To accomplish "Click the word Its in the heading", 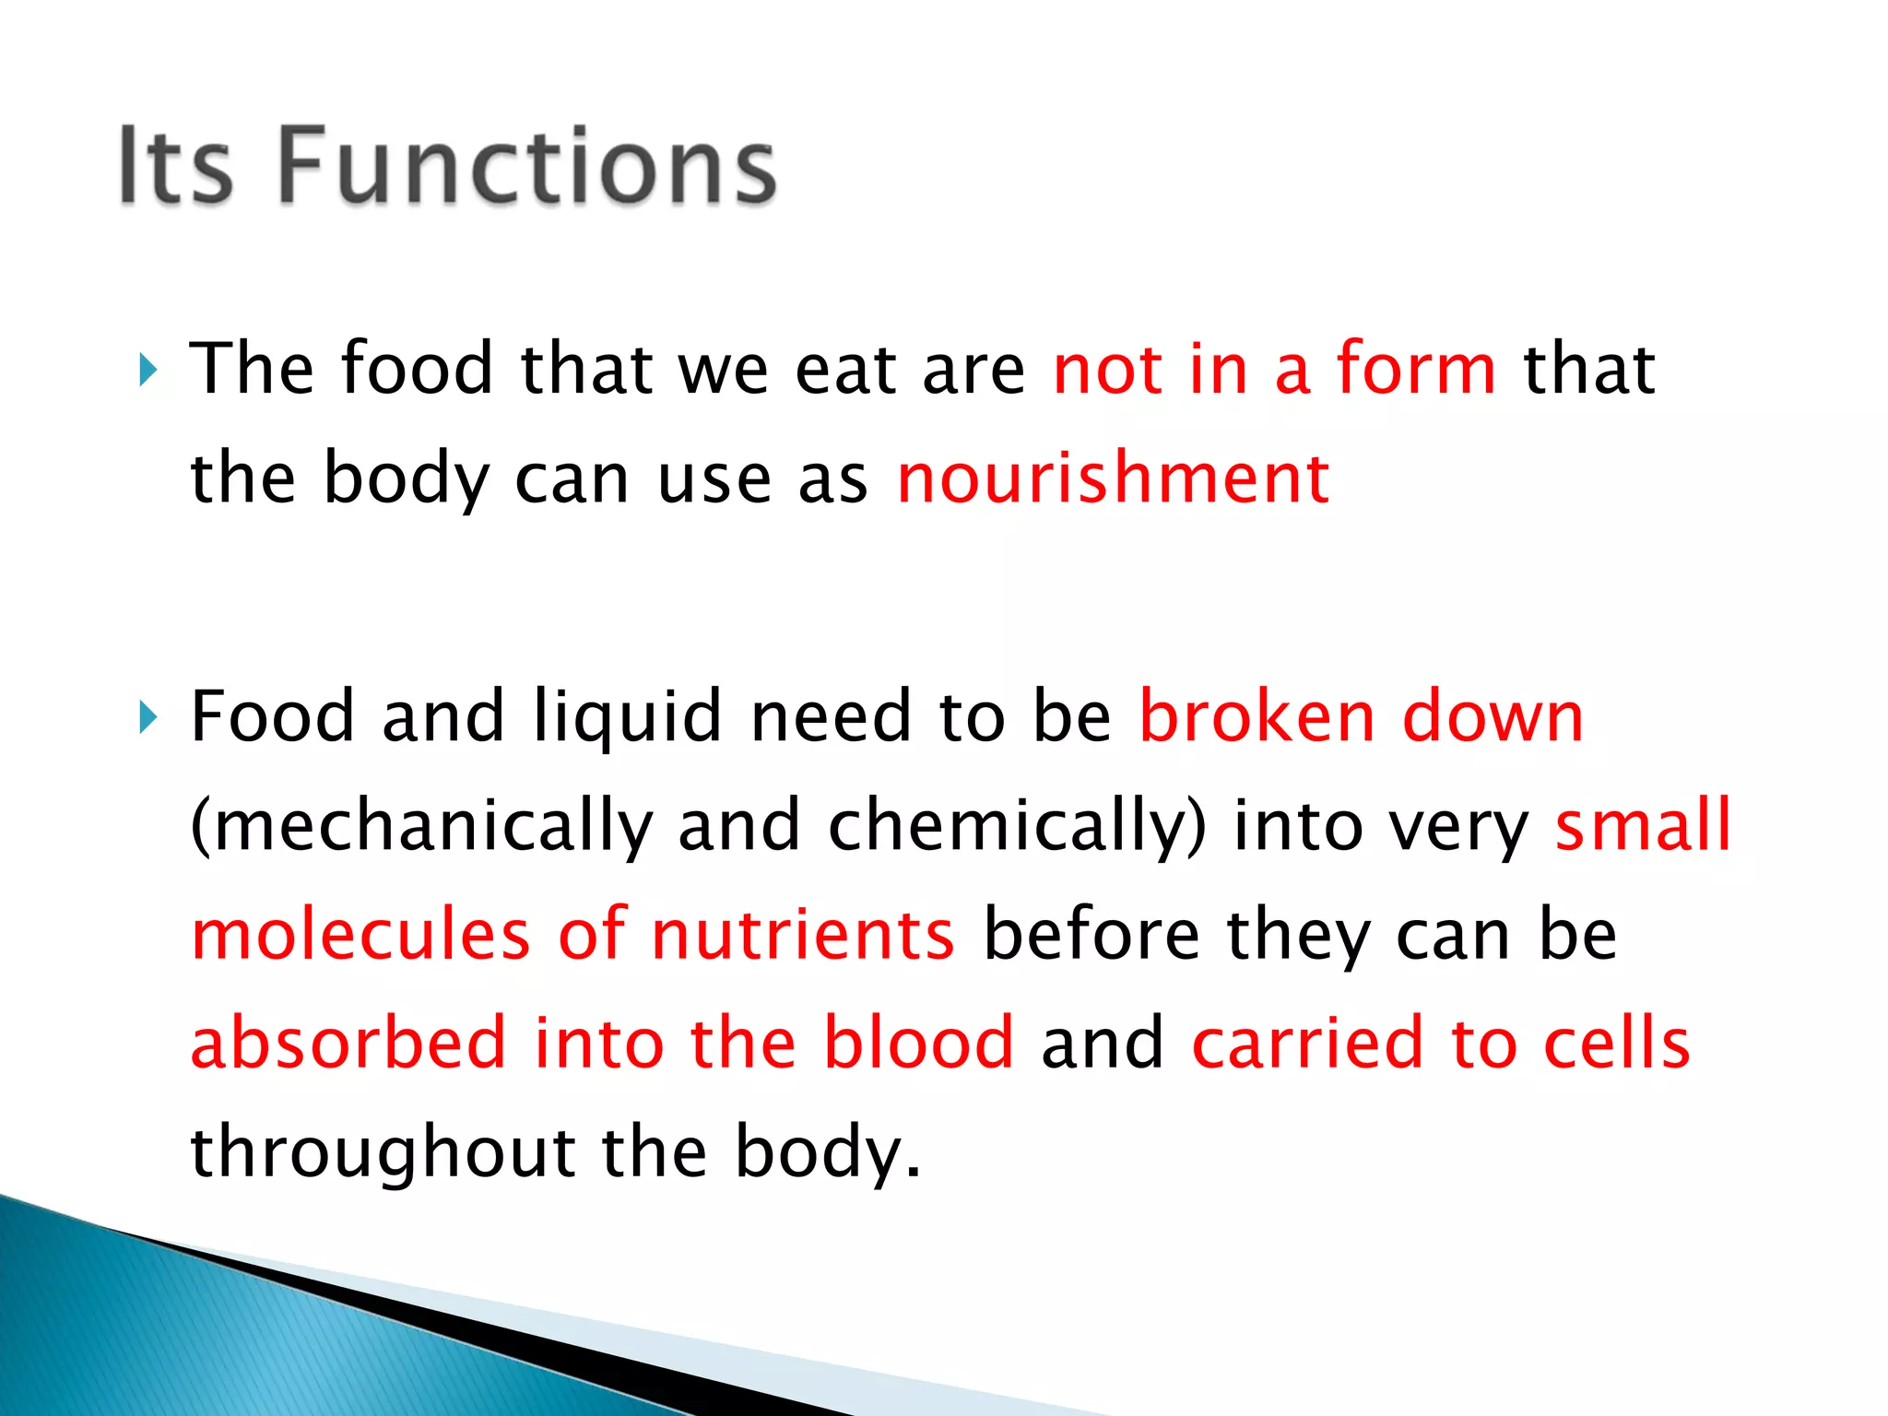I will [175, 166].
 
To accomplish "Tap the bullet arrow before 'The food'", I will [148, 371].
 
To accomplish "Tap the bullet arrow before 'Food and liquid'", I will [148, 717].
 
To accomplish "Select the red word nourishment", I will [1113, 479].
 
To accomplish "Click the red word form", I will [1416, 369].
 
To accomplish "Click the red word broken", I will [1257, 717].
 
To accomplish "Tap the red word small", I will [1643, 825].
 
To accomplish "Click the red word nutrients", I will [803, 935].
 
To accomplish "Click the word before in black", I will [1091, 935].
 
